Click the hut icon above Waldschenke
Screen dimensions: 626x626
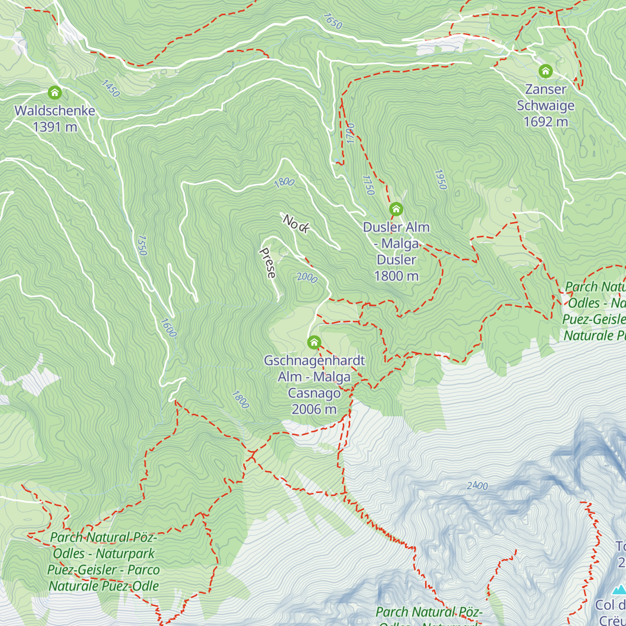pyautogui.click(x=54, y=93)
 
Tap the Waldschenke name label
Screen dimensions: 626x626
pyautogui.click(x=55, y=111)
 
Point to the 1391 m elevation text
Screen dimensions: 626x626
pyautogui.click(x=55, y=127)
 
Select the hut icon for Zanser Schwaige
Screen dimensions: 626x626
pyautogui.click(x=546, y=70)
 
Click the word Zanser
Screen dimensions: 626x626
pyautogui.click(x=546, y=89)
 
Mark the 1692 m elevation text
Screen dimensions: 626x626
pyautogui.click(x=546, y=122)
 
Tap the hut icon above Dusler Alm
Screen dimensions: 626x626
pyautogui.click(x=396, y=210)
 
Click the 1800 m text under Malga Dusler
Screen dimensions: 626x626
pyautogui.click(x=396, y=276)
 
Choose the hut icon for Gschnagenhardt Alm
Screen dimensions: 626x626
pyautogui.click(x=314, y=342)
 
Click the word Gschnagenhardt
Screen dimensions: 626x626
pyautogui.click(x=314, y=360)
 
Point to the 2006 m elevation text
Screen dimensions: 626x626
pyautogui.click(x=314, y=409)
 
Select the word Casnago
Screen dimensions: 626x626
pyautogui.click(x=314, y=393)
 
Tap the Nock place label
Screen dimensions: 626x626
pyautogui.click(x=296, y=223)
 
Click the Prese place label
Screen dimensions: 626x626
pyautogui.click(x=268, y=262)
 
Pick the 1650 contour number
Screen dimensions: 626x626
pyautogui.click(x=332, y=21)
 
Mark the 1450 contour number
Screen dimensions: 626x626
pyautogui.click(x=111, y=88)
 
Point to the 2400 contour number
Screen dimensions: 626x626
pyautogui.click(x=477, y=486)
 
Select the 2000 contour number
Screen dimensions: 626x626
pyautogui.click(x=307, y=278)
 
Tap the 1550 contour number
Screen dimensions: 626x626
pyautogui.click(x=141, y=245)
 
